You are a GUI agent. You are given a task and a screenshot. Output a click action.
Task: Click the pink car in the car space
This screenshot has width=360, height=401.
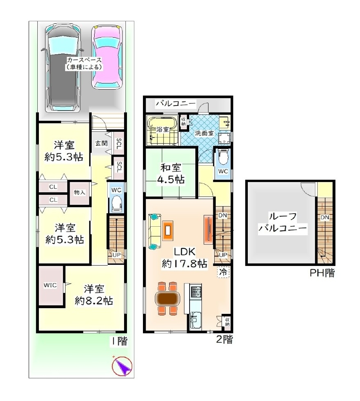click(x=107, y=57)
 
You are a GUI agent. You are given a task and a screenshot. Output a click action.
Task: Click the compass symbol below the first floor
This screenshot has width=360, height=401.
click(x=122, y=366)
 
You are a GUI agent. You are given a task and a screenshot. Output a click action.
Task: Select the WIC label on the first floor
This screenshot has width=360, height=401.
click(x=50, y=285)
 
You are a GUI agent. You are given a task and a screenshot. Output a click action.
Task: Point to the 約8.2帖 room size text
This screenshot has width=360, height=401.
click(x=94, y=301)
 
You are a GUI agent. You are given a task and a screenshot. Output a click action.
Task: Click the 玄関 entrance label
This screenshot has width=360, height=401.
click(x=102, y=143)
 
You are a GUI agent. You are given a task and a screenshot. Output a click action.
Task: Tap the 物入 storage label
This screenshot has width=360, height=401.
click(x=79, y=192)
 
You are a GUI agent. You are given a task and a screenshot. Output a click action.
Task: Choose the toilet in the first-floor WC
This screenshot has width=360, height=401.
click(x=116, y=203)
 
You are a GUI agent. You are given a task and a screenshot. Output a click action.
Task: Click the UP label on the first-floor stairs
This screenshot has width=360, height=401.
click(x=116, y=255)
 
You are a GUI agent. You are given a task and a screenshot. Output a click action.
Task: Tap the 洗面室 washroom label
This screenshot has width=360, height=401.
click(x=204, y=133)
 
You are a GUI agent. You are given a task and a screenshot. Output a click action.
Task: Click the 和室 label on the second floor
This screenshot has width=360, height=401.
click(x=171, y=168)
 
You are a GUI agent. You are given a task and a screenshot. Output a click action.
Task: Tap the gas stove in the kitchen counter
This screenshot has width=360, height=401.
click(x=196, y=291)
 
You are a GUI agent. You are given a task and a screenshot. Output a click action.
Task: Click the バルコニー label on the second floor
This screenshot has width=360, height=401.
click(x=176, y=104)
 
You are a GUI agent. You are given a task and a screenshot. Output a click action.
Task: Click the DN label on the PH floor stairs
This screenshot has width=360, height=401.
click(x=325, y=217)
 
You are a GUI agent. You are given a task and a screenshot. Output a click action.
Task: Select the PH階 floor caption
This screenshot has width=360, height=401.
click(x=322, y=273)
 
